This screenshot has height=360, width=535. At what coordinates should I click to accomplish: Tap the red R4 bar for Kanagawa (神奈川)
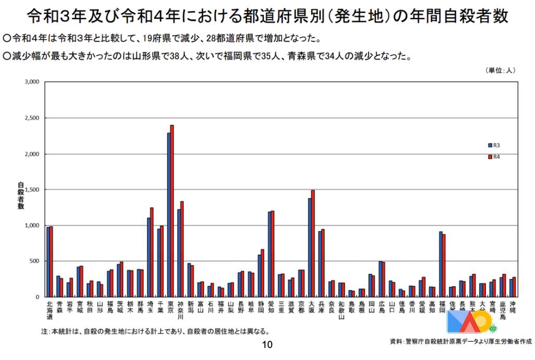tap(182, 249)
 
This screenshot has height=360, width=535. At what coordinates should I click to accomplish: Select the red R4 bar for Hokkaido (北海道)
tap(51, 261)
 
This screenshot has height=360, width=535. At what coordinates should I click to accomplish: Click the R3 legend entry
tap(494, 145)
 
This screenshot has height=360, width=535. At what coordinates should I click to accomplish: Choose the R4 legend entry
tap(494, 156)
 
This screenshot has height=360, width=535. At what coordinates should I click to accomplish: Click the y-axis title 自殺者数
tap(21, 196)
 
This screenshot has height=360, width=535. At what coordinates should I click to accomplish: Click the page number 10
tap(267, 345)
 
